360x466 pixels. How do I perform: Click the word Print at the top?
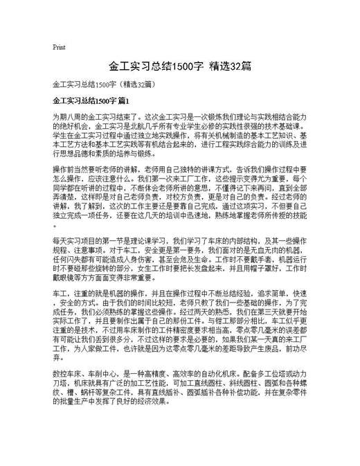[59, 47]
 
